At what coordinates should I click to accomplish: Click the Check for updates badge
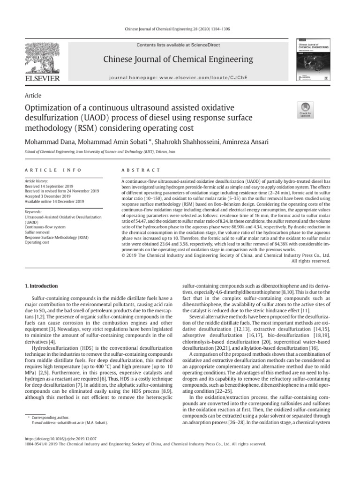click(x=306, y=109)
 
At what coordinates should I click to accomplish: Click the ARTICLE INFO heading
click(x=52, y=170)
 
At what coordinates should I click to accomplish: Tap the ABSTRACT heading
click(x=141, y=170)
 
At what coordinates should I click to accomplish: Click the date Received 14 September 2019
click(x=51, y=185)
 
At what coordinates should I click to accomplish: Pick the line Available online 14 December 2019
click(x=54, y=202)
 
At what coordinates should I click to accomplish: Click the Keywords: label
click(x=32, y=212)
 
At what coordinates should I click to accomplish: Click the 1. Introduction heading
click(x=41, y=285)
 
